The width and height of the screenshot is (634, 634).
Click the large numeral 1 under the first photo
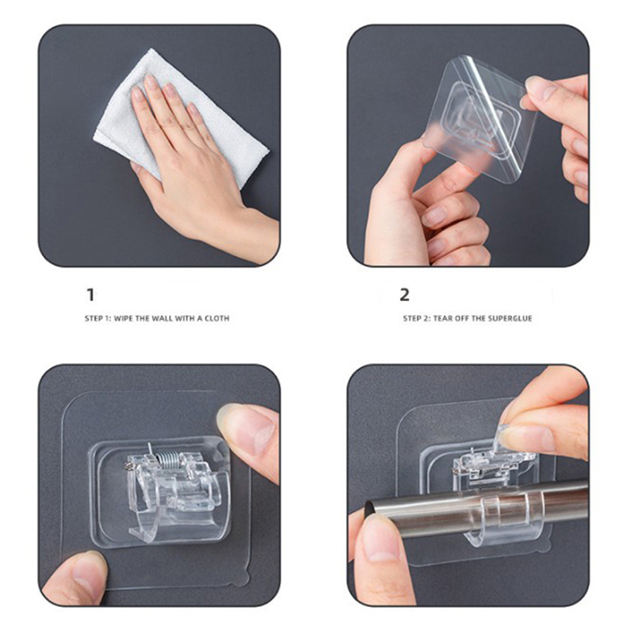91,295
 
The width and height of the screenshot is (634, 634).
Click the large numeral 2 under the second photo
404,295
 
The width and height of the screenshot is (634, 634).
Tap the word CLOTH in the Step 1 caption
217,319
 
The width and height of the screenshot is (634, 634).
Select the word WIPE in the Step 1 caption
124,319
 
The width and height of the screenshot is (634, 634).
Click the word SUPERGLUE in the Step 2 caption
510,319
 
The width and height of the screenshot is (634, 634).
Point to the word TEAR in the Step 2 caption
442,319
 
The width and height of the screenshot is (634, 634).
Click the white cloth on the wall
181,120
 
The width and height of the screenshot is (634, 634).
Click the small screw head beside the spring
129,467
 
